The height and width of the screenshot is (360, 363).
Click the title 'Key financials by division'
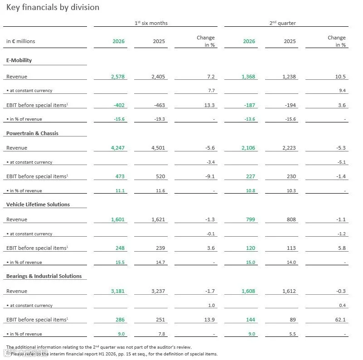point(53,7)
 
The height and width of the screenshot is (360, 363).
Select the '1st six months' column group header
point(151,23)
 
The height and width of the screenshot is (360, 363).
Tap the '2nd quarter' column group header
point(283,23)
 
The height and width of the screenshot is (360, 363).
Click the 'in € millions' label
point(20,41)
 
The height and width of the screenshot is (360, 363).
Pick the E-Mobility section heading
point(19,60)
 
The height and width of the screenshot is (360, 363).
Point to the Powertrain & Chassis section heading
point(32,133)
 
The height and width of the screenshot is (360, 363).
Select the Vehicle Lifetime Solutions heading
point(38,204)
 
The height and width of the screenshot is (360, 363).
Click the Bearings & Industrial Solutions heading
point(44,276)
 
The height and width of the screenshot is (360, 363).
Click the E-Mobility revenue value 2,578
point(118,77)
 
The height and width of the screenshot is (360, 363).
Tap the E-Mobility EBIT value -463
point(160,105)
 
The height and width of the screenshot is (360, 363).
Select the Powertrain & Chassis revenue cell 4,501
point(158,148)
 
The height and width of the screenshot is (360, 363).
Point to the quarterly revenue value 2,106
point(248,148)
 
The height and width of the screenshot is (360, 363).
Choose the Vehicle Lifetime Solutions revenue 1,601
point(118,219)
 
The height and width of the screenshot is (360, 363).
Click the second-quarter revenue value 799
point(251,219)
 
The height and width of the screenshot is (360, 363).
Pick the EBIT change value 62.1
point(340,320)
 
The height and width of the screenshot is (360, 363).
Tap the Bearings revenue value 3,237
point(158,291)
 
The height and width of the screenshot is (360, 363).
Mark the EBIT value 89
point(293,320)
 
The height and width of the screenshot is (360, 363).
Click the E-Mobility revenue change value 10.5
point(340,77)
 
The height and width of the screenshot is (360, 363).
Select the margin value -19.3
point(160,119)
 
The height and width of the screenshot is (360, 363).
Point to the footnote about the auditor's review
point(99,347)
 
